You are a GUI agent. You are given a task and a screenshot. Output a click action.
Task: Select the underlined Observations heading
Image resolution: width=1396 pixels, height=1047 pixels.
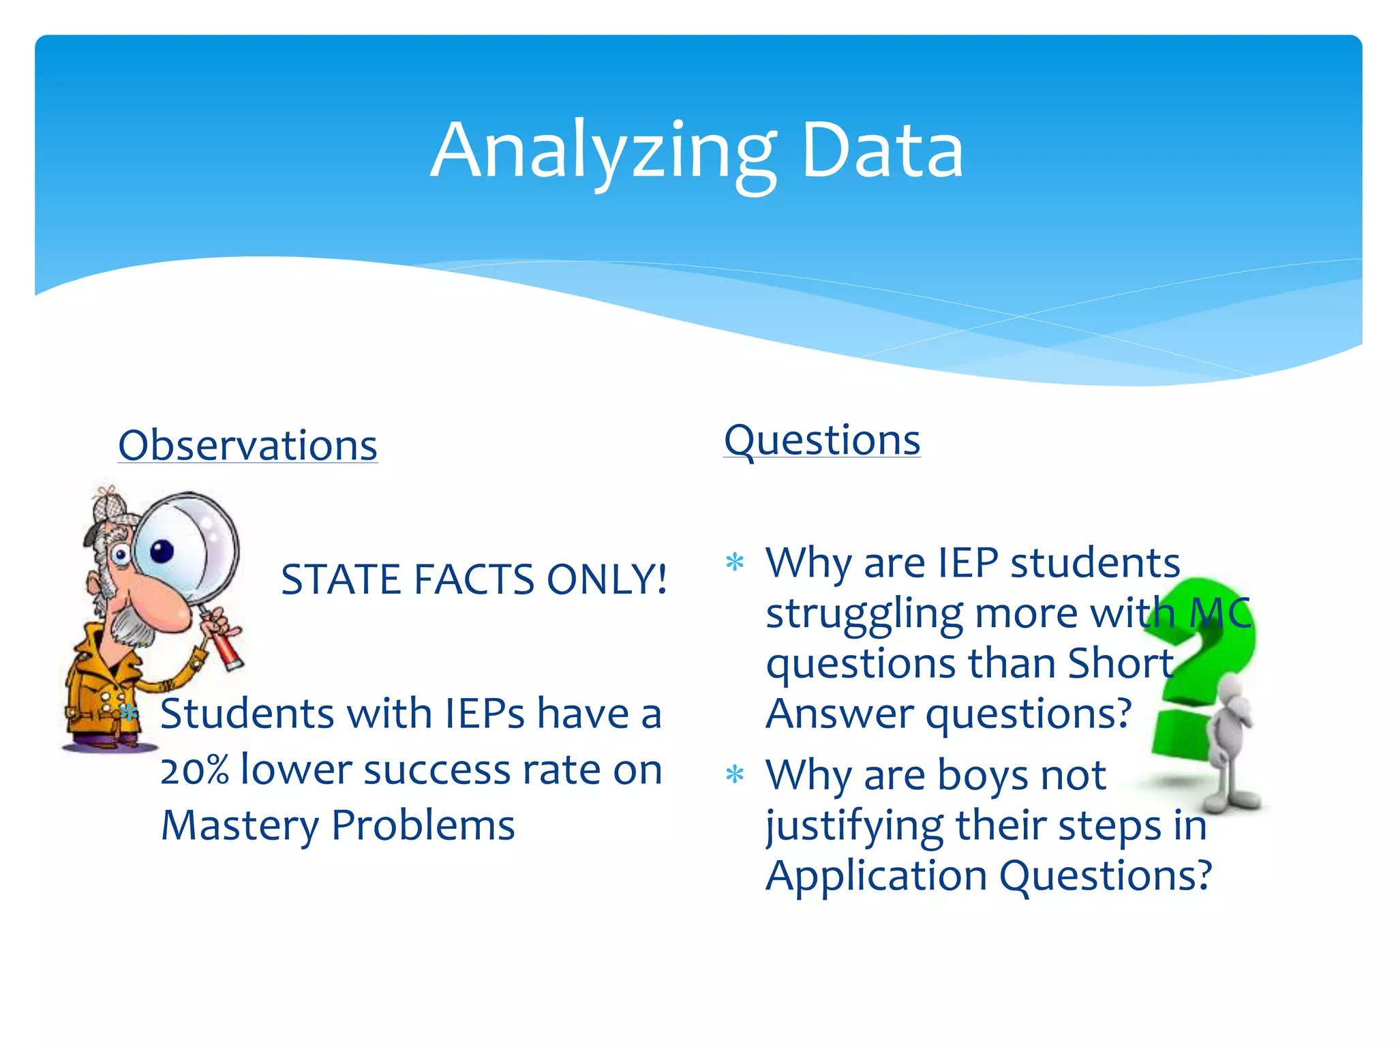click(247, 446)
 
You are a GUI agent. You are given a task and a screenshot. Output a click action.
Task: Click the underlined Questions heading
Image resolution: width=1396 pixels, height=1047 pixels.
click(822, 440)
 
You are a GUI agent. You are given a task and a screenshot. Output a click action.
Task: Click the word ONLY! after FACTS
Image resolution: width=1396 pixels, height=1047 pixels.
click(607, 579)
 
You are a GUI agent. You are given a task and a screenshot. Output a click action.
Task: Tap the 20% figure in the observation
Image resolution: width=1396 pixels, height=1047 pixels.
click(194, 770)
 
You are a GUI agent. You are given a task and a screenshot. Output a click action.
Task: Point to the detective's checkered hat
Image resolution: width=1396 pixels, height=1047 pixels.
click(109, 508)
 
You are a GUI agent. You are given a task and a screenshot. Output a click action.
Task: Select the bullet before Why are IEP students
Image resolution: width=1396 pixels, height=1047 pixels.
click(735, 563)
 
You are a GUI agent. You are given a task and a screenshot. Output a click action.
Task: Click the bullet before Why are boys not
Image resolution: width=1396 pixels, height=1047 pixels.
click(735, 774)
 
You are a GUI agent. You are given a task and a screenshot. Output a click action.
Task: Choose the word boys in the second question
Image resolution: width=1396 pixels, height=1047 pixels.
click(982, 775)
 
